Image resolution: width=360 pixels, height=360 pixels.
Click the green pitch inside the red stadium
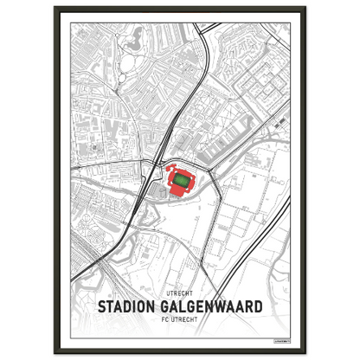(181, 179)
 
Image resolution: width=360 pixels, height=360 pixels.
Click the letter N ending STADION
(153, 307)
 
